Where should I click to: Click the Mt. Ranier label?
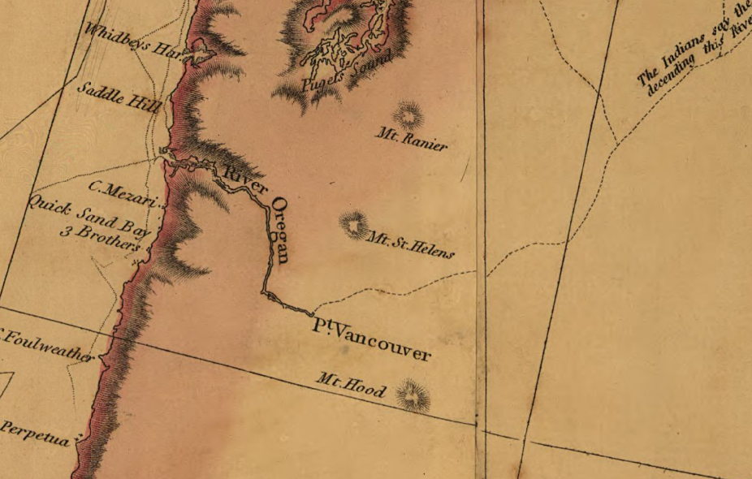[x=412, y=138]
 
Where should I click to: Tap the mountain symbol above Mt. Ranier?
[x=407, y=114]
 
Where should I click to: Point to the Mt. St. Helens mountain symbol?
[x=354, y=224]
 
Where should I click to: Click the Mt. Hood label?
[x=351, y=386]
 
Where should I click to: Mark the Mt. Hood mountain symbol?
[x=413, y=396]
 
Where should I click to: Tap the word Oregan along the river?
[x=280, y=230]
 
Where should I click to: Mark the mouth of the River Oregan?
[x=166, y=152]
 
